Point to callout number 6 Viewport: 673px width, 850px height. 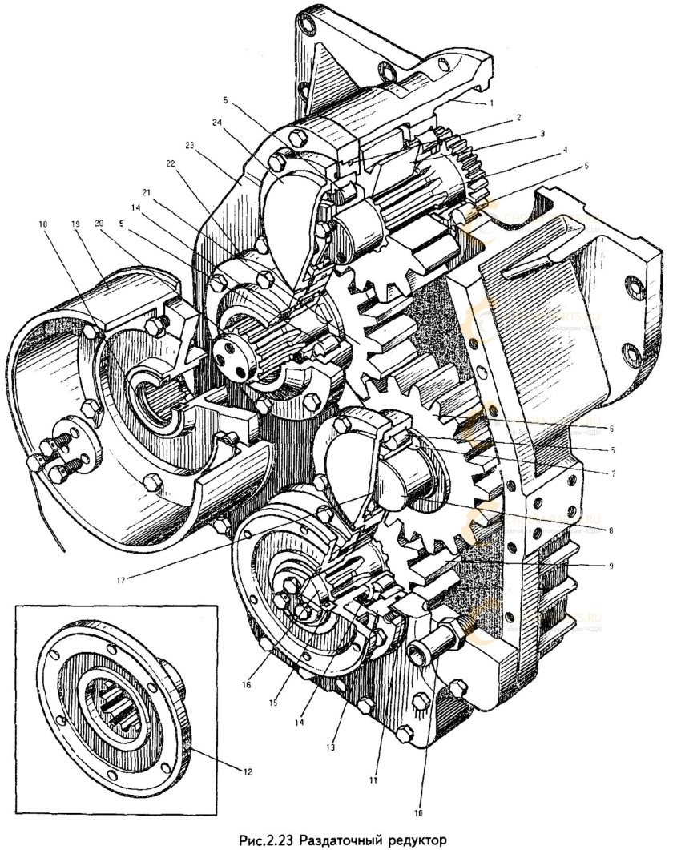611,429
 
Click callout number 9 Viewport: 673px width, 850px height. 611,566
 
